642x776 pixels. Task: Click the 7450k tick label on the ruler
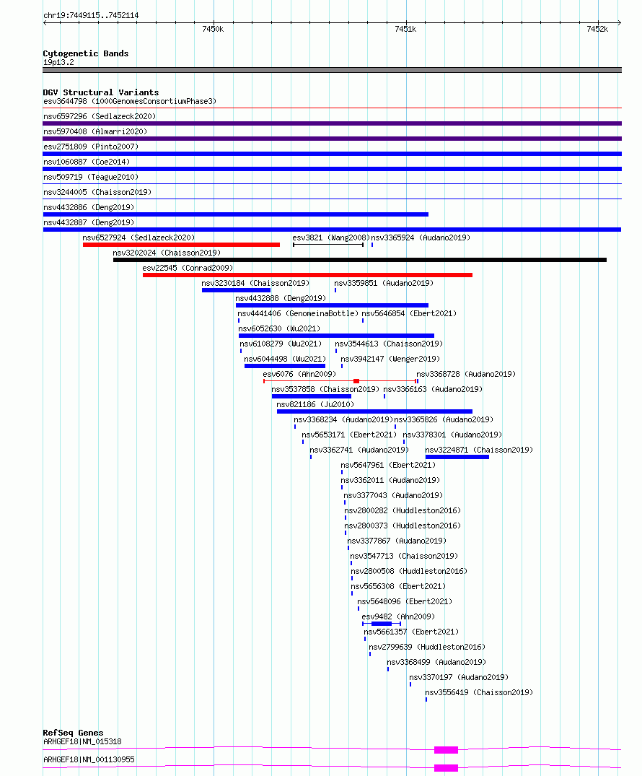click(213, 29)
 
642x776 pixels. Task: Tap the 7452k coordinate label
click(597, 29)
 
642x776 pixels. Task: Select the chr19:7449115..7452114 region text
click(91, 15)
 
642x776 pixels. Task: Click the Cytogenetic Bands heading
click(86, 53)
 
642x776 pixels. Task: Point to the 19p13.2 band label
click(59, 62)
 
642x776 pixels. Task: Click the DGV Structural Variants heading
click(101, 92)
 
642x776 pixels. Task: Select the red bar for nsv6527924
click(182, 245)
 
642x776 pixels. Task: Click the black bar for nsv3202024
click(360, 260)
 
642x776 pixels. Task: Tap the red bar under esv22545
click(307, 275)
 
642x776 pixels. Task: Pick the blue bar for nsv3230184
click(237, 290)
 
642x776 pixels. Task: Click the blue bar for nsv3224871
click(457, 457)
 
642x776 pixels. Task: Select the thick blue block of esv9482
click(382, 624)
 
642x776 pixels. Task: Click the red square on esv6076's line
click(356, 381)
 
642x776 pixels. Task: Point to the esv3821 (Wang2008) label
click(331, 237)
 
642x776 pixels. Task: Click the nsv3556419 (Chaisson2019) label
click(479, 692)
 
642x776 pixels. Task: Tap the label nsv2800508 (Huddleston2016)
click(409, 571)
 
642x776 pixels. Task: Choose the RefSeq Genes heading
click(73, 733)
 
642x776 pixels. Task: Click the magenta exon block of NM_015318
click(446, 750)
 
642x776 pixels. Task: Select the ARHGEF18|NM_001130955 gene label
click(89, 759)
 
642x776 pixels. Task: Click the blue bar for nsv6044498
click(285, 366)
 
